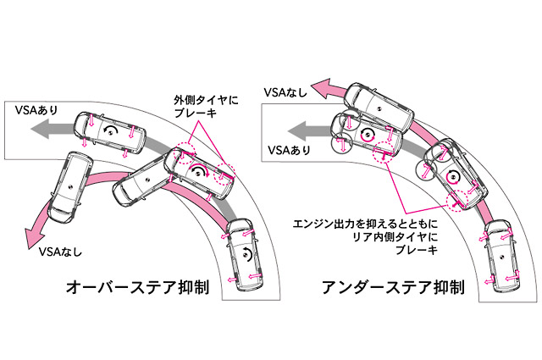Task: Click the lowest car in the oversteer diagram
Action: point(245,255)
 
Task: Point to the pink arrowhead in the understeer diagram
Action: point(320,85)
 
